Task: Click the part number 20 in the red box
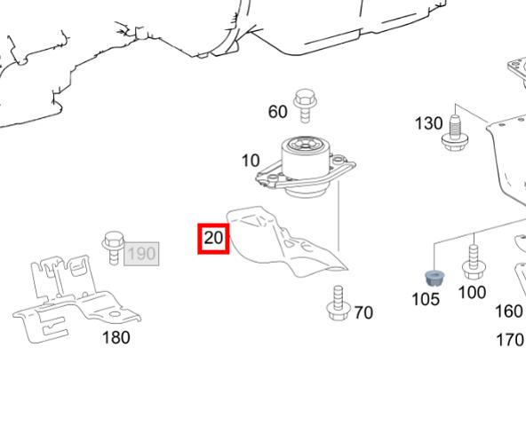pos(213,239)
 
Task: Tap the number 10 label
pos(251,161)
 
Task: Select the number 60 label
pos(277,112)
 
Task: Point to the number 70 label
pos(363,312)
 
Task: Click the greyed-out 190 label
pos(141,254)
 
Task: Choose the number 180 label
pos(116,337)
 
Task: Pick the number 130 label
pos(429,123)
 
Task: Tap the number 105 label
pos(426,299)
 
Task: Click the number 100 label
pos(472,292)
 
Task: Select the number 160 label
pos(509,311)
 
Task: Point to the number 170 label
pos(510,340)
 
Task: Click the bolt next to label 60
pos(306,106)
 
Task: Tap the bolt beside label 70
pos(339,304)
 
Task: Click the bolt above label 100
pos(474,262)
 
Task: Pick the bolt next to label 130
pos(455,133)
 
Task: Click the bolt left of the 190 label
pos(114,248)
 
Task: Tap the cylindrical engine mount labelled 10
pos(306,167)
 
